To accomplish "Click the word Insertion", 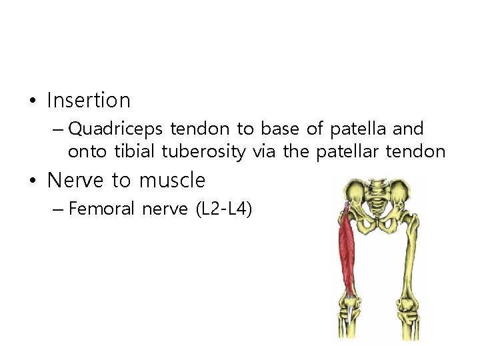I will [x=89, y=101].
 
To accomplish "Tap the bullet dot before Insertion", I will [x=31, y=101].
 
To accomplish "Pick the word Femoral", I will [x=102, y=209].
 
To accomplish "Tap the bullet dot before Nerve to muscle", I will [x=31, y=181].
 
